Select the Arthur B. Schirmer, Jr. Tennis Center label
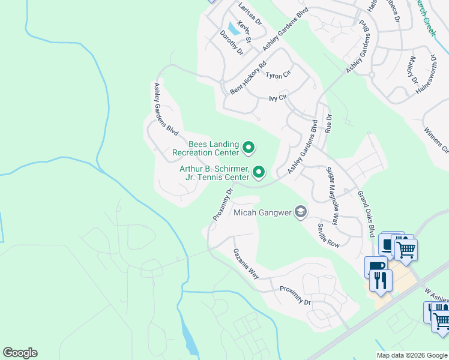point(214,173)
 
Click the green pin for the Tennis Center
point(259,172)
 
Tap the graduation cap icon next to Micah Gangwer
point(301,212)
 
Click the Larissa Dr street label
point(250,14)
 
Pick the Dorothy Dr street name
point(232,44)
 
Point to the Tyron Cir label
point(278,75)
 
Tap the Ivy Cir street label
point(279,97)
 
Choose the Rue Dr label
point(328,123)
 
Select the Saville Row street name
point(329,236)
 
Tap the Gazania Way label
point(246,264)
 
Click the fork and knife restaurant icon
point(381,280)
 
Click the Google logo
point(20,352)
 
